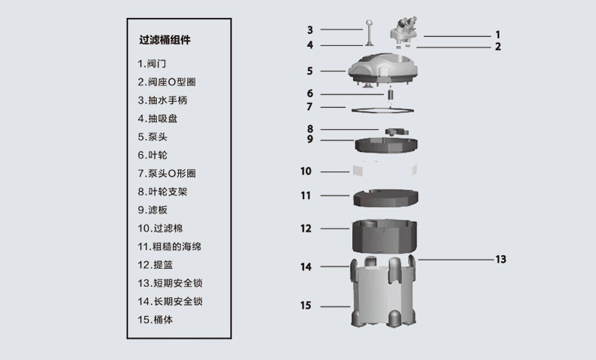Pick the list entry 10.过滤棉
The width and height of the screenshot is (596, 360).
(x=163, y=228)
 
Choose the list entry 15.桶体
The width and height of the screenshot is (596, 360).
(x=158, y=319)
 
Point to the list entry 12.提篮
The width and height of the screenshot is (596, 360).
(x=158, y=265)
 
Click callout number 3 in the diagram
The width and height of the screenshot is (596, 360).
(x=309, y=30)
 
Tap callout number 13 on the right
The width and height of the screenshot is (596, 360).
(x=500, y=259)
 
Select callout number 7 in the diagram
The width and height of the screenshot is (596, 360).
(x=309, y=106)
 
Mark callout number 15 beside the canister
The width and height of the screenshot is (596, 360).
(x=306, y=306)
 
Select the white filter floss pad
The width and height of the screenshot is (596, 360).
(x=385, y=170)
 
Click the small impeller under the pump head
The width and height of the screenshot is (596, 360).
(x=392, y=94)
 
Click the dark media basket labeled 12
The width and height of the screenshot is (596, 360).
(x=386, y=235)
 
